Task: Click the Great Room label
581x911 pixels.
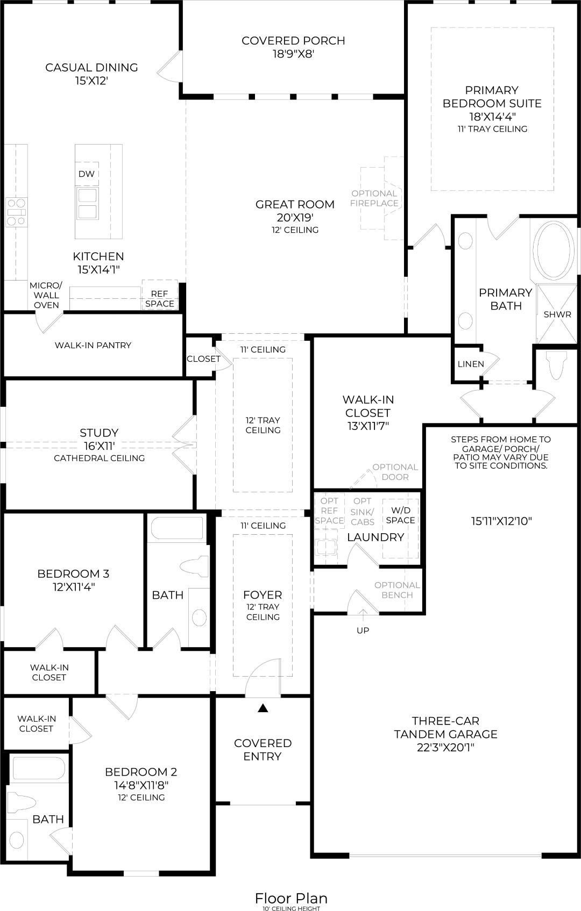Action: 295,204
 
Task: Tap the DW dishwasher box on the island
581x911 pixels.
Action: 87,174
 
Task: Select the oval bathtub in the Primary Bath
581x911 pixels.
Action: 554,250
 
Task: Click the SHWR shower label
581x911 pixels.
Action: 557,314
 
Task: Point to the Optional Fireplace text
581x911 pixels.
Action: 374,198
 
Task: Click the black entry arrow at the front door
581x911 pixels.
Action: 263,708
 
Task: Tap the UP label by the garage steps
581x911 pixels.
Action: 363,630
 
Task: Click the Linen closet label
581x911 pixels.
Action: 471,364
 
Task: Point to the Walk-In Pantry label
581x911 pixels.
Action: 93,345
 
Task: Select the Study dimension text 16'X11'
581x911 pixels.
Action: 99,446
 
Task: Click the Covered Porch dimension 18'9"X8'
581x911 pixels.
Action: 293,54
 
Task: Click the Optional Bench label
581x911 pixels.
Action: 397,590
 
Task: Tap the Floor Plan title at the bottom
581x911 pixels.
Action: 291,898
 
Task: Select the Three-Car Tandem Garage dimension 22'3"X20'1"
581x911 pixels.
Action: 445,747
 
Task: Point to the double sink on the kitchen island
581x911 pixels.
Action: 87,203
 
